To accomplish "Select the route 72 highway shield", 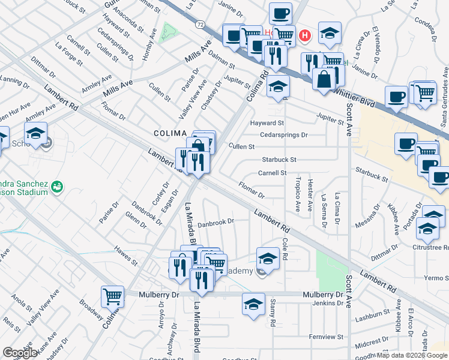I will (199, 23).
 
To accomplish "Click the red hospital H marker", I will (305, 36).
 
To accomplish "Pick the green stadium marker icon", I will (56, 187).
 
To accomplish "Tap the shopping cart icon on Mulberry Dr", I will (112, 296).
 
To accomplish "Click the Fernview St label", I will (327, 337).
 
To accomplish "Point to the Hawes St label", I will (126, 257).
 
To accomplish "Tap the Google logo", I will (20, 353).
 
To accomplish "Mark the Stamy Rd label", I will (273, 313).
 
